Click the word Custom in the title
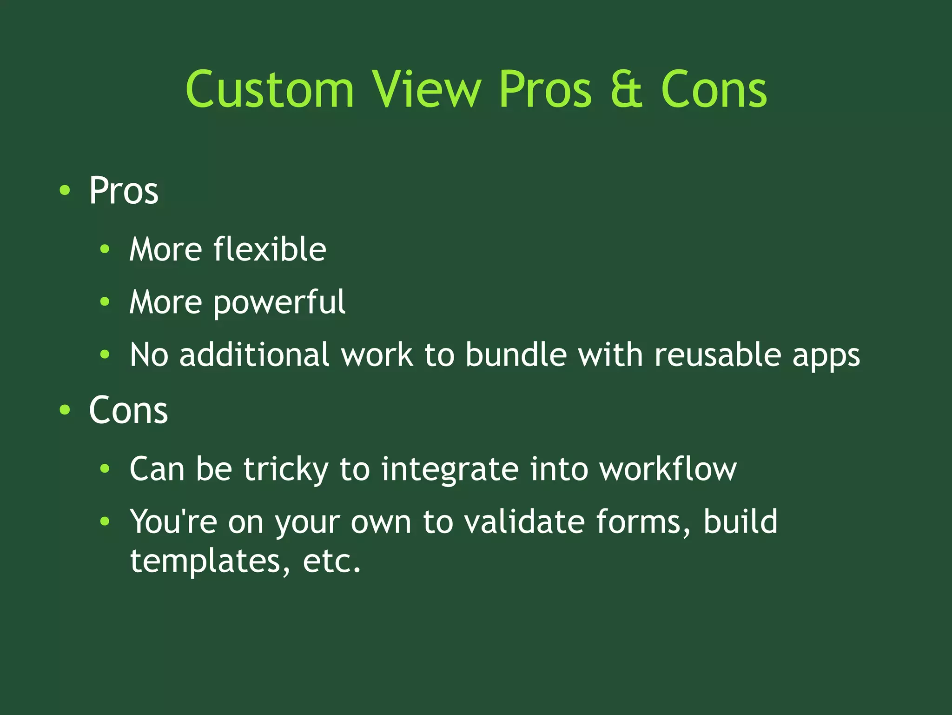coord(270,89)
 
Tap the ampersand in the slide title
coord(626,89)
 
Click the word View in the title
coord(426,89)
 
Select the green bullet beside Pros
coord(65,190)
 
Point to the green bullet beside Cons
coord(65,410)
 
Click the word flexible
coord(270,249)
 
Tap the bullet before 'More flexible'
coord(105,249)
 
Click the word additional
coord(254,355)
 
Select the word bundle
coord(516,355)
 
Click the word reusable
coord(718,355)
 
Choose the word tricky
coord(286,469)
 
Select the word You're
coord(173,521)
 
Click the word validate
coord(524,521)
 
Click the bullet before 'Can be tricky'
coord(105,468)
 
